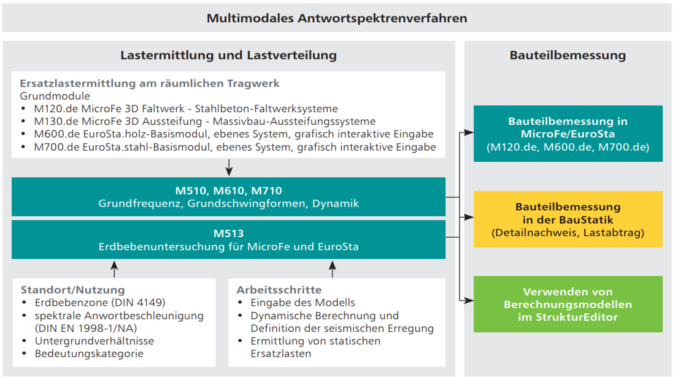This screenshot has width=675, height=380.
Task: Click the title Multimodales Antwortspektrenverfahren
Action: [337, 18]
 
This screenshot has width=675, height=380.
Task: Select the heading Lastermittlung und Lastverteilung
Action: [228, 55]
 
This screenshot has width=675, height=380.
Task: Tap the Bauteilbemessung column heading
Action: [567, 55]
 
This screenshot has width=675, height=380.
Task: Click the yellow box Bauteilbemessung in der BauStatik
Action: [568, 219]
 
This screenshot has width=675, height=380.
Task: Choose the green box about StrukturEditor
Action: [568, 304]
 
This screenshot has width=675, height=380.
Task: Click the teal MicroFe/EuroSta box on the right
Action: [568, 133]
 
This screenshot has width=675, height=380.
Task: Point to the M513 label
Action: [228, 233]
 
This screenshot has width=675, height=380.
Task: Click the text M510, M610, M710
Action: [228, 191]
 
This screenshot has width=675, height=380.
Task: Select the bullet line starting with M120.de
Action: [186, 109]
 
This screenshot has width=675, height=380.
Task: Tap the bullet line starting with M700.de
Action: [235, 147]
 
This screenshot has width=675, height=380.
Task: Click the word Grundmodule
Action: [55, 96]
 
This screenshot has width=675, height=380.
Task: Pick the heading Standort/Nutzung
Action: [73, 290]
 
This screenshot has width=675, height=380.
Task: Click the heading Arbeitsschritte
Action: [279, 290]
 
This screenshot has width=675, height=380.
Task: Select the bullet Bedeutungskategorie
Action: [89, 353]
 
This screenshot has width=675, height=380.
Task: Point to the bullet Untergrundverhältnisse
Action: [94, 341]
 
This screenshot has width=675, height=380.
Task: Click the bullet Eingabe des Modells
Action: [302, 302]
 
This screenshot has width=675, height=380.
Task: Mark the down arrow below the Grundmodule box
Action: [229, 168]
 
